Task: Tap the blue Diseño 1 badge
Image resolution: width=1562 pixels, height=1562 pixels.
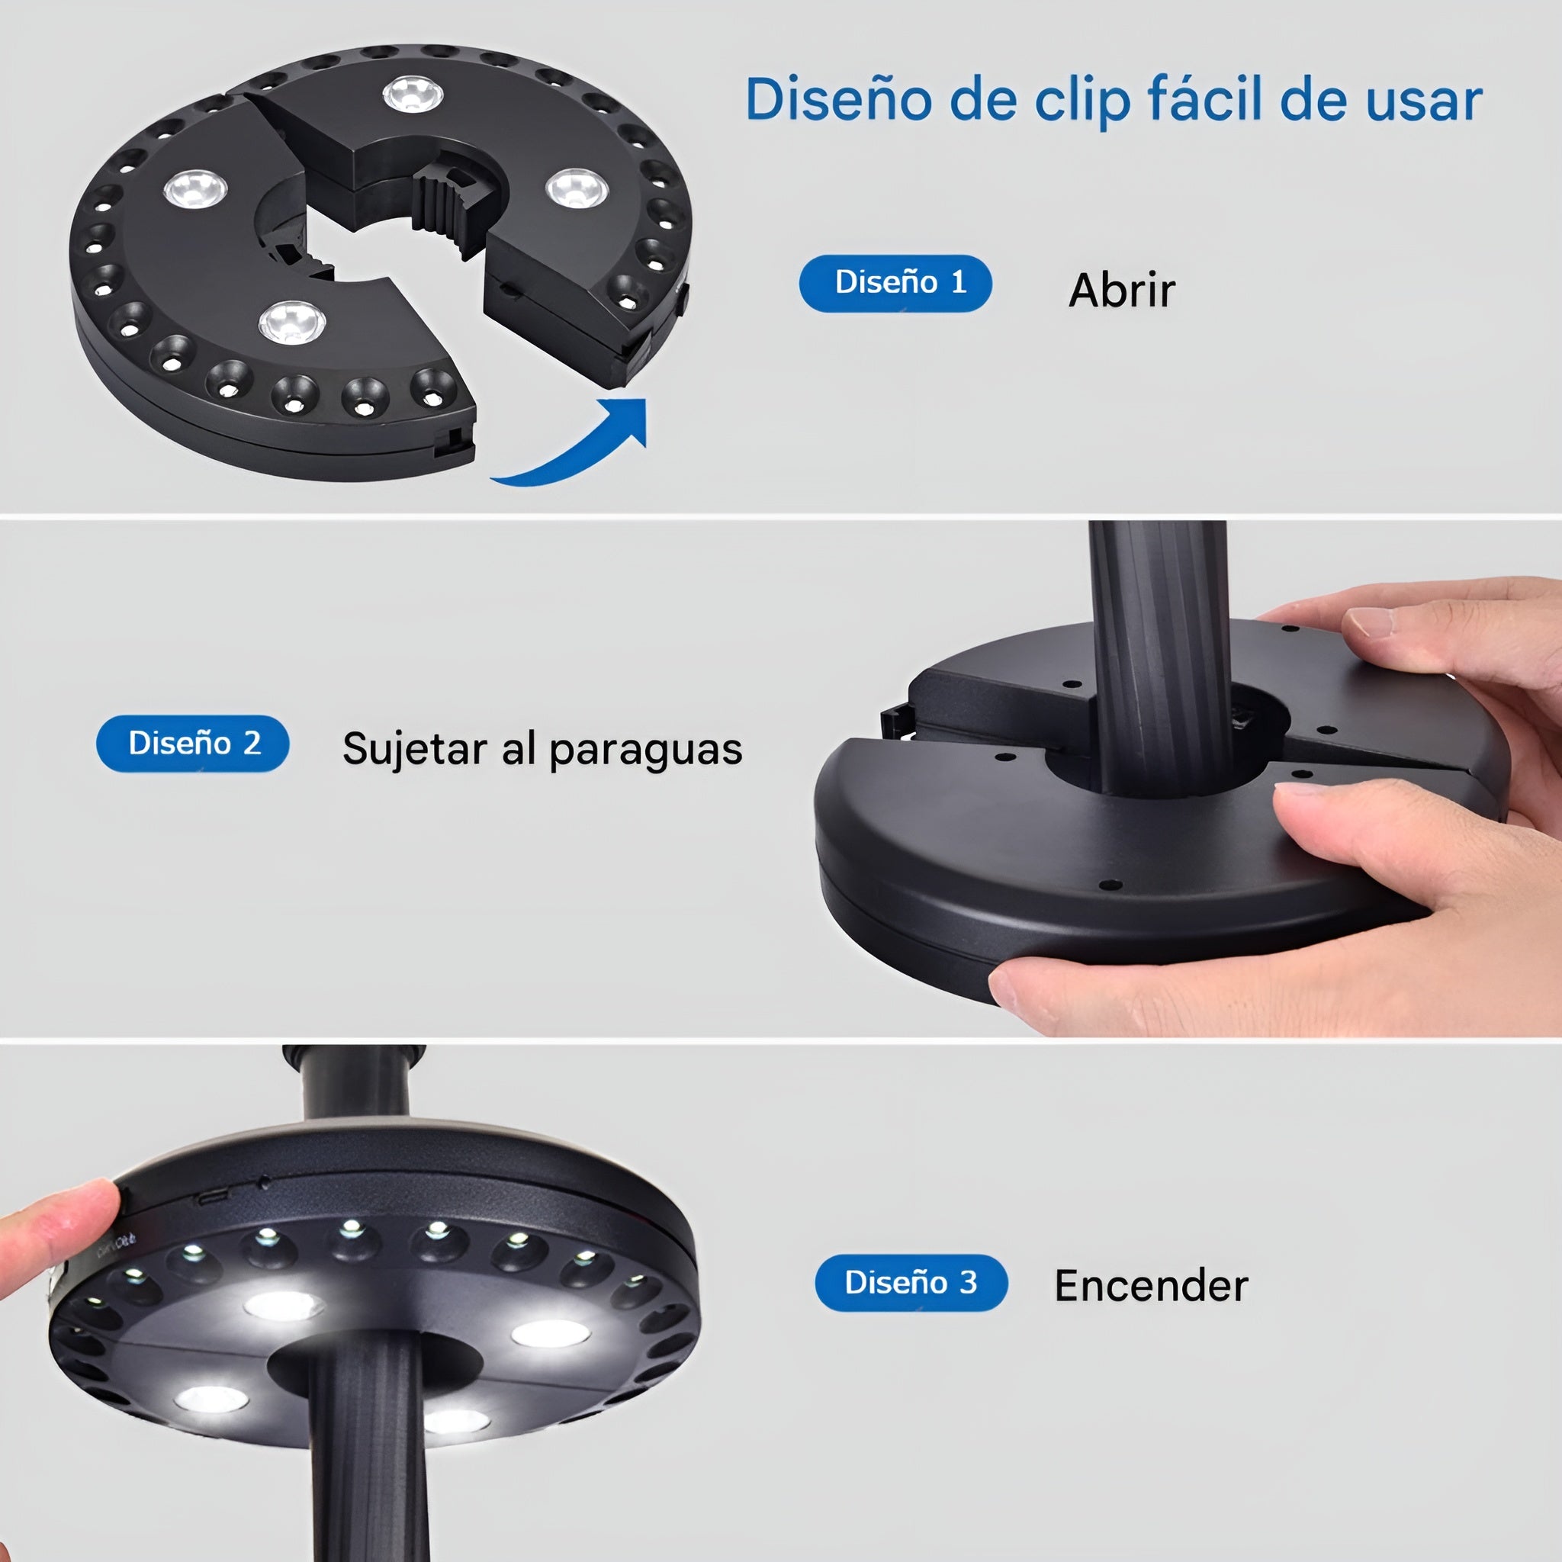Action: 895,283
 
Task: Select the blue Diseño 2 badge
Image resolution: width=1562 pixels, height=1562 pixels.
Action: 192,743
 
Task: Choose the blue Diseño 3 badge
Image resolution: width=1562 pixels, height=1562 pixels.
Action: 911,1282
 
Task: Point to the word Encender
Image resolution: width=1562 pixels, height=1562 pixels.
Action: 1151,1285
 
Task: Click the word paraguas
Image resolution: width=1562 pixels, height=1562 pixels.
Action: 645,750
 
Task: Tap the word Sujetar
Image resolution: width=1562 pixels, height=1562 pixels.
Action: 415,749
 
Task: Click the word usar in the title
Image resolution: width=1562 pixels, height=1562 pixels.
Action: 1424,102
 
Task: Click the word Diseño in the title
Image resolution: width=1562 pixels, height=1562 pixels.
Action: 840,98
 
